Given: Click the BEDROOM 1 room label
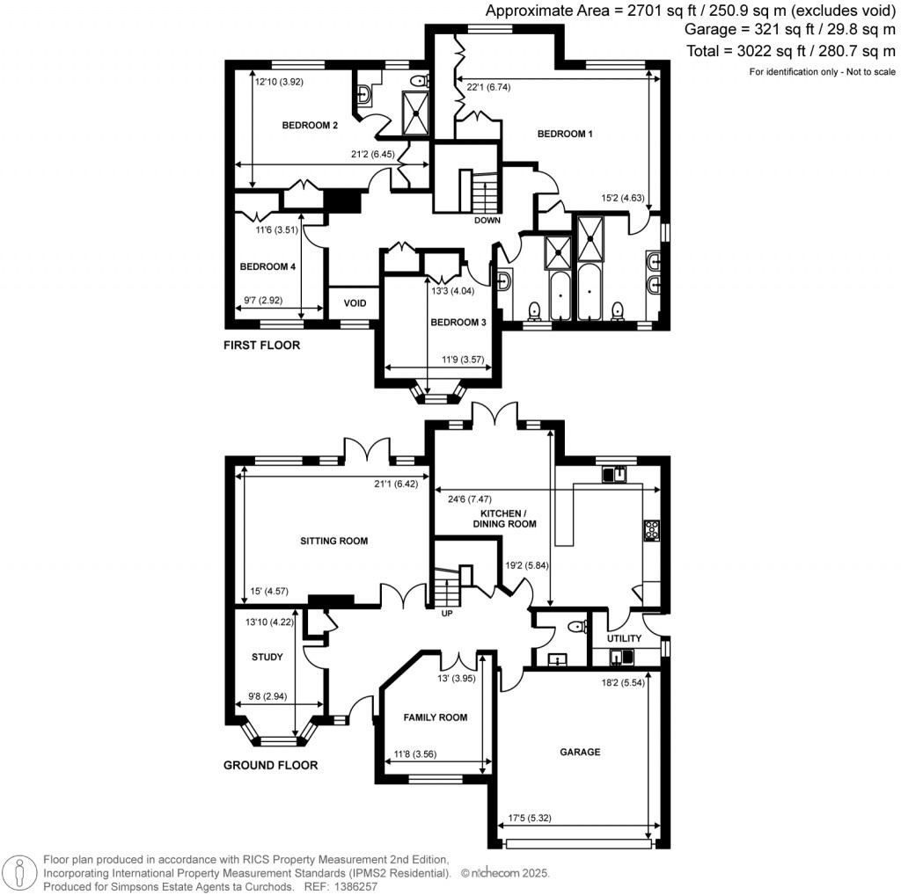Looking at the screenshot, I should pyautogui.click(x=565, y=134).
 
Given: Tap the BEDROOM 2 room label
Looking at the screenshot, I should pyautogui.click(x=310, y=125).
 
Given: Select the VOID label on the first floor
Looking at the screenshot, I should pyautogui.click(x=355, y=302).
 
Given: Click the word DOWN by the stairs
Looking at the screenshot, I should pyautogui.click(x=487, y=221).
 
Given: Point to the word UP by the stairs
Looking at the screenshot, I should pyautogui.click(x=447, y=614).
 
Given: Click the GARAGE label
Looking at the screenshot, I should pyautogui.click(x=580, y=752).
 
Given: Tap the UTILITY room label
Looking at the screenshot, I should pyautogui.click(x=624, y=638).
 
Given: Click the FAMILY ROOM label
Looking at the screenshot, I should pyautogui.click(x=435, y=717).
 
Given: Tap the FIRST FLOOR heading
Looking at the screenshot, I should pyautogui.click(x=261, y=346).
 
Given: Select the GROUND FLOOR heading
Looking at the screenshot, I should pyautogui.click(x=270, y=765).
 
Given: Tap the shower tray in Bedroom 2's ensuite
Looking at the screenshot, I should pyautogui.click(x=414, y=113).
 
